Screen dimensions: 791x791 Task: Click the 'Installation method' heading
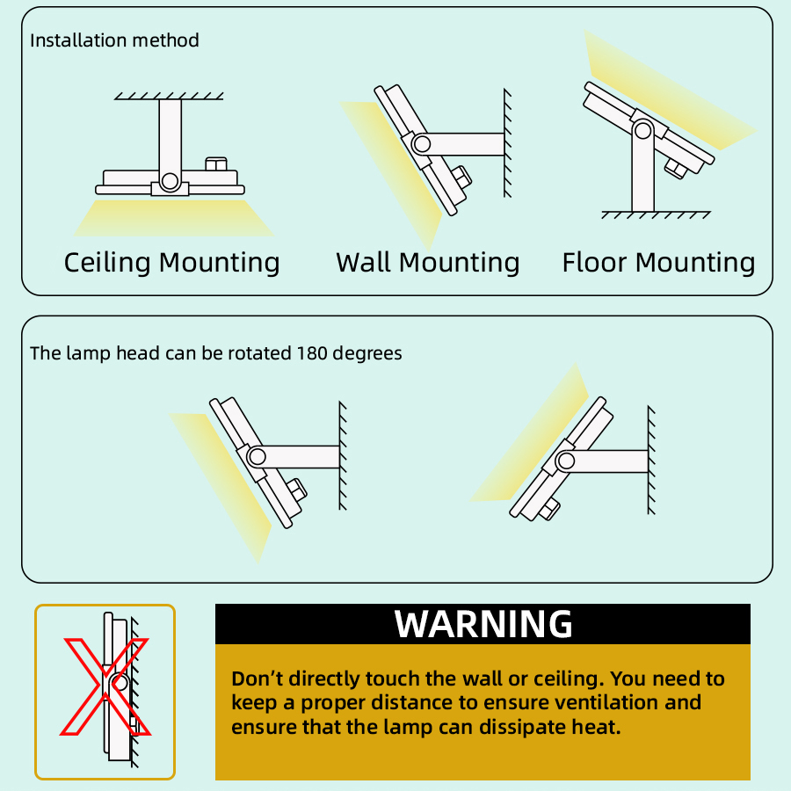click(114, 40)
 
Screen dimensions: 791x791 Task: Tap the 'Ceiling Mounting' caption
click(171, 263)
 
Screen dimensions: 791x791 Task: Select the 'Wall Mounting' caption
click(428, 263)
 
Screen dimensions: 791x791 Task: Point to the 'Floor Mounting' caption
click(658, 263)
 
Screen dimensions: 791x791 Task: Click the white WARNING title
click(483, 624)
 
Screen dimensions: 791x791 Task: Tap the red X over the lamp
click(105, 686)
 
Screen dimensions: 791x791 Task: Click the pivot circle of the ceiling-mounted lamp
click(170, 180)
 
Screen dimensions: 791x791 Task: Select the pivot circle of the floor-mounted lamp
click(642, 131)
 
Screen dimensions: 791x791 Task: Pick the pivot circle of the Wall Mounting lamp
click(421, 144)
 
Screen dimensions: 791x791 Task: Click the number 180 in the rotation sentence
click(312, 353)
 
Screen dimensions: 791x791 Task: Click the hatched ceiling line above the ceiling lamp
click(169, 96)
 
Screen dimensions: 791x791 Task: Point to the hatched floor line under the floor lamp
click(656, 215)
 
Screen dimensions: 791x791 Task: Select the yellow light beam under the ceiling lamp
click(174, 218)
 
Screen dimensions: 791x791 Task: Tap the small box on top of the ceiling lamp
click(216, 164)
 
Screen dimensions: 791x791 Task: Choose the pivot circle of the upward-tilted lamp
click(565, 461)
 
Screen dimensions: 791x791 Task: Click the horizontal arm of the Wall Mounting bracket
click(464, 144)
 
